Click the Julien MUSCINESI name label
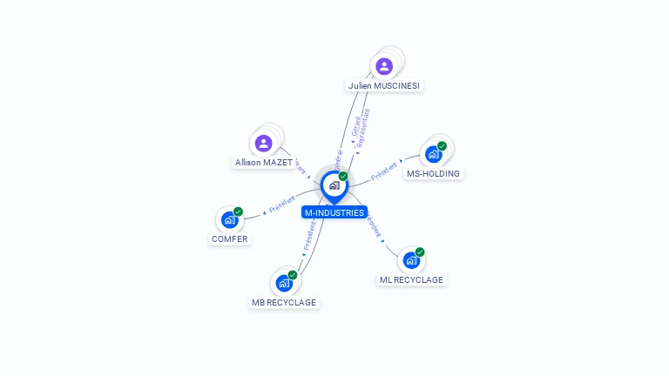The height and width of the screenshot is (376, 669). [x=384, y=86]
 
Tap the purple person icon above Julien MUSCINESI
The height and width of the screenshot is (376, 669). [x=384, y=66]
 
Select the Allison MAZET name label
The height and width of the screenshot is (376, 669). [x=263, y=163]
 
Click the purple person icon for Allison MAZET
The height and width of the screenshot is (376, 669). [x=264, y=143]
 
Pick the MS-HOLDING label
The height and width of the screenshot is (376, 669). [x=434, y=173]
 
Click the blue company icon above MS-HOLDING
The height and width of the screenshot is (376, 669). [x=433, y=154]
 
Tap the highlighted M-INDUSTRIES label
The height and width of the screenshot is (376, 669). [x=334, y=212]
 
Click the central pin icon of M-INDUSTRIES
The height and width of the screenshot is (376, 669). [x=334, y=185]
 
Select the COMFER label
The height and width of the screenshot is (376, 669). [x=229, y=238]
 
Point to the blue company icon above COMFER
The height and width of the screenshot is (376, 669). [x=229, y=219]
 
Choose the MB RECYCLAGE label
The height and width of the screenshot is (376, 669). [x=284, y=302]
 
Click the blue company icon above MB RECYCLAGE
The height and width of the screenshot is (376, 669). [x=284, y=283]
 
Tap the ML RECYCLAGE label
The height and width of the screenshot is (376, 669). [x=411, y=279]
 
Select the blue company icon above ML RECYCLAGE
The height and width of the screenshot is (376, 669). [x=410, y=260]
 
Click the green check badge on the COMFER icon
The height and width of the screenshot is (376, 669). [x=238, y=211]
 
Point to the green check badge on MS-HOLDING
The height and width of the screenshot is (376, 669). [x=442, y=146]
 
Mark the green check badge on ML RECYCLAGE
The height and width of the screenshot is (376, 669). [x=420, y=252]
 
